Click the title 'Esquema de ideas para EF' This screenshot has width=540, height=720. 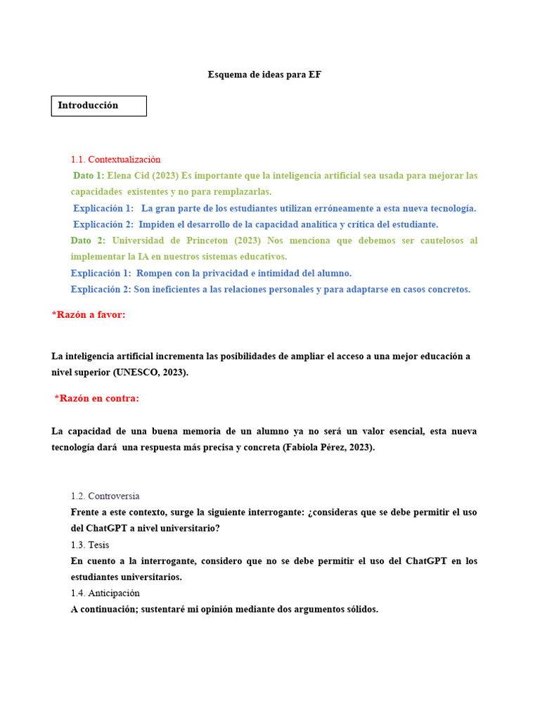pyautogui.click(x=264, y=75)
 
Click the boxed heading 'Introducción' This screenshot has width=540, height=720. pyautogui.click(x=88, y=105)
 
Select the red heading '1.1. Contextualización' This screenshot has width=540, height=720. pyautogui.click(x=115, y=160)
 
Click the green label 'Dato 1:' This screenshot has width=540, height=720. pyautogui.click(x=89, y=176)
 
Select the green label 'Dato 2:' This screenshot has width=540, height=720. pyautogui.click(x=88, y=240)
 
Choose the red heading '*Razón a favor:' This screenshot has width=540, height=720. pyautogui.click(x=89, y=314)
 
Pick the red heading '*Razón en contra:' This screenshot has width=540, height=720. pyautogui.click(x=97, y=399)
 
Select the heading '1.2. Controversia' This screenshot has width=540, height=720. pyautogui.click(x=105, y=496)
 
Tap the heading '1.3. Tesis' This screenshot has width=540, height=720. pyautogui.click(x=90, y=545)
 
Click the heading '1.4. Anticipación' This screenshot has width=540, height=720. pyautogui.click(x=105, y=593)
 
